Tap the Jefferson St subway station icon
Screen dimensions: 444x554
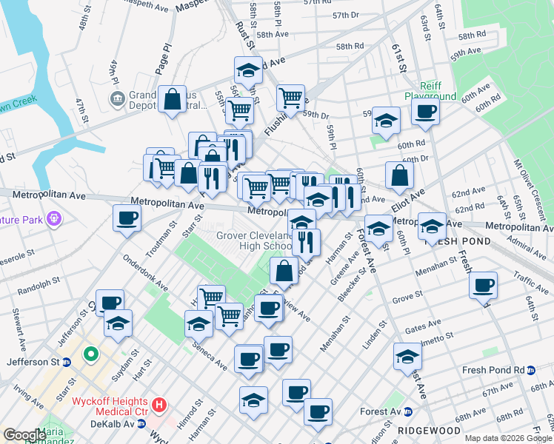point(66,363)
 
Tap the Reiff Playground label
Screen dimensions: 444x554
point(430,91)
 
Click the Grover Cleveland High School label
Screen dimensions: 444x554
point(255,241)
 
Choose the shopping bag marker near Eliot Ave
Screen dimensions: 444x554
point(399,176)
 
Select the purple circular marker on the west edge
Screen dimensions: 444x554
point(53,219)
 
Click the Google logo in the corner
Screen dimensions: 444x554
point(24,434)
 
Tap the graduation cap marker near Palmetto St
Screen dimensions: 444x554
point(407,357)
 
